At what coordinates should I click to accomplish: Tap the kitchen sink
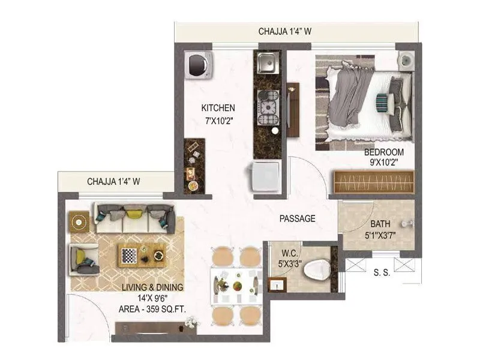[x=266, y=62]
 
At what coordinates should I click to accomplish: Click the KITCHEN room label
[x=218, y=108]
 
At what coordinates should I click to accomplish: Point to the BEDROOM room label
[x=384, y=152]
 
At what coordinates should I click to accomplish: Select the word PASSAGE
[x=297, y=219]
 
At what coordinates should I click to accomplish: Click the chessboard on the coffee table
[x=130, y=256]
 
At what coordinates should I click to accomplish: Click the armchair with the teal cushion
[x=84, y=259]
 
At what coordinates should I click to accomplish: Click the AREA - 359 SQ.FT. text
[x=152, y=310]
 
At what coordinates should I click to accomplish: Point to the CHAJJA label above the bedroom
[x=285, y=31]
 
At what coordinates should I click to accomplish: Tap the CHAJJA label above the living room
[x=113, y=181]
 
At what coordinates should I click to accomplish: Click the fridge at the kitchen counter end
[x=265, y=178]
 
